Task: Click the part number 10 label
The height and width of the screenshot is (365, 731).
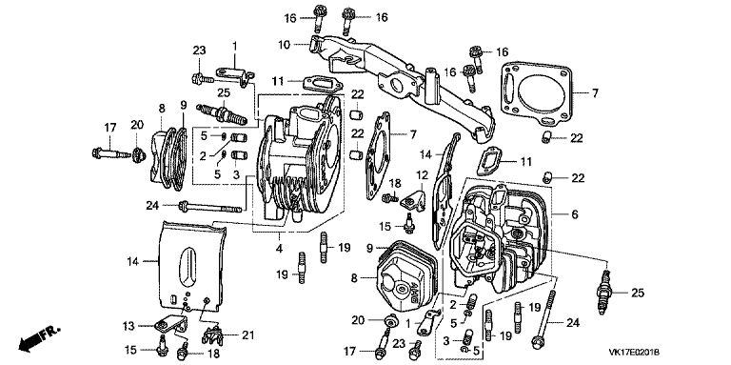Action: click(285, 45)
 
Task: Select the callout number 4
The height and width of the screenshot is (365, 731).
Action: click(279, 249)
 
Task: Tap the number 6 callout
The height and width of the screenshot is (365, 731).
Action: click(575, 214)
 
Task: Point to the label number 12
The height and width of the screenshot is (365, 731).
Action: click(422, 175)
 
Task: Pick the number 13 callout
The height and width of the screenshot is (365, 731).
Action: click(129, 325)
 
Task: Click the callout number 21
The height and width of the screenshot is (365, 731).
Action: click(249, 335)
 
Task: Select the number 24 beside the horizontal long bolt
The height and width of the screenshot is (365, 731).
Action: click(152, 205)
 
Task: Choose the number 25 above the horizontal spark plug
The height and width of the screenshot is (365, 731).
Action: click(224, 92)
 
